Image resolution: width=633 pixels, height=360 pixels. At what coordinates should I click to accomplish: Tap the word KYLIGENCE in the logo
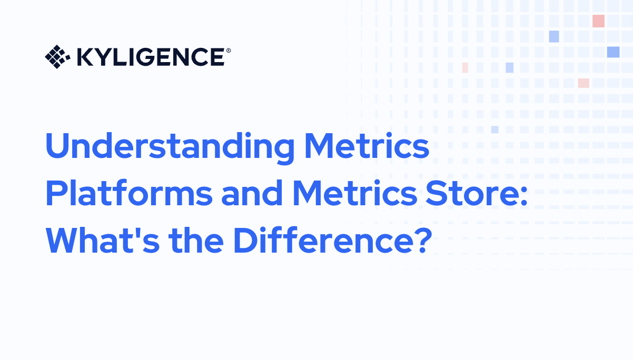pos(150,57)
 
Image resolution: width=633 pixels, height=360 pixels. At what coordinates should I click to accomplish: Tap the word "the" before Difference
pos(195,241)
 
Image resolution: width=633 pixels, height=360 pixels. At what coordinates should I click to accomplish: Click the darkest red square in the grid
pos(598,21)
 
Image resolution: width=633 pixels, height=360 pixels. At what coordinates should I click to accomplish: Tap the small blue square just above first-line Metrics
pos(494,129)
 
